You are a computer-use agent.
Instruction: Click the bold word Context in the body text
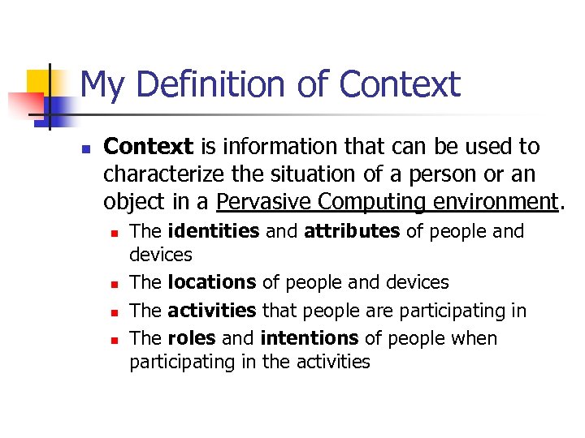point(149,147)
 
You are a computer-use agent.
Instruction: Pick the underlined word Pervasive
point(266,201)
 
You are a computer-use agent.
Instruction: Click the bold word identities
point(214,232)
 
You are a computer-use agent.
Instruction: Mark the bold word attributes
point(352,232)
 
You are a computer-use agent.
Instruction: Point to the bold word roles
point(192,338)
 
